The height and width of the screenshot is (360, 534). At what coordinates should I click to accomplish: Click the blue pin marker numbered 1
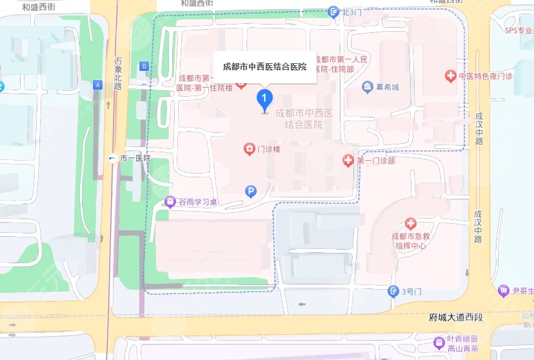[x=264, y=100]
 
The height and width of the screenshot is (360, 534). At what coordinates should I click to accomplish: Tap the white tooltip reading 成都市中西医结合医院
[x=264, y=67]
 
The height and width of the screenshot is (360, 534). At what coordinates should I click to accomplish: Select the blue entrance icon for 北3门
[x=333, y=11]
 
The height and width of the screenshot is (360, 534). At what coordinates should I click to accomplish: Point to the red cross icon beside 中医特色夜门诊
[x=451, y=76]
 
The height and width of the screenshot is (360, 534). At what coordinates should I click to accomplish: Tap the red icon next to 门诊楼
[x=249, y=150]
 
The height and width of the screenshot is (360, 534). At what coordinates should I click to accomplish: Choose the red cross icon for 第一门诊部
[x=348, y=160]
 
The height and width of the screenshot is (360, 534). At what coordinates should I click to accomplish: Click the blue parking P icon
[x=252, y=191]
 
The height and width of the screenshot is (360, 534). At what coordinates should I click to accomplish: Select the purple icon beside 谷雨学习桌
[x=170, y=202]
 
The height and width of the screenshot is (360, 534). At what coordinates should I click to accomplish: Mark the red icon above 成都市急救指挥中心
[x=411, y=224]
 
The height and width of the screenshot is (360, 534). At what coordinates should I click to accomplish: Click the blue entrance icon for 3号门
[x=393, y=292]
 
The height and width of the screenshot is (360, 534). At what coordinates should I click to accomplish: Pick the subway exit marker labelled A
[x=97, y=85]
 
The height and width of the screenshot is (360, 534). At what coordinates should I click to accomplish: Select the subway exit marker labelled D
[x=144, y=66]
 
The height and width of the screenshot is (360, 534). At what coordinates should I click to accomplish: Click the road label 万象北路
[x=118, y=73]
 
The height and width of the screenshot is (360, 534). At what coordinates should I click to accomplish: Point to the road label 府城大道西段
[x=455, y=318]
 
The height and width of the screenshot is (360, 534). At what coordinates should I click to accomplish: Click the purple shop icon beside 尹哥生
[x=504, y=292]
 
